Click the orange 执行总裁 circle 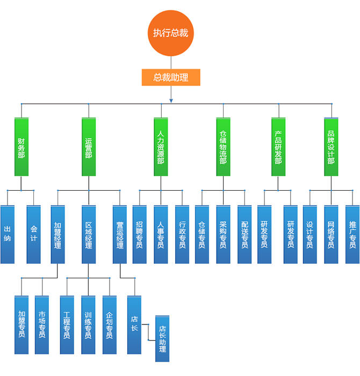click(x=171, y=33)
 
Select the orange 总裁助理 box click(x=171, y=77)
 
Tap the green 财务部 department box click(x=21, y=147)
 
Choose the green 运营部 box click(x=89, y=147)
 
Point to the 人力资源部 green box click(x=161, y=147)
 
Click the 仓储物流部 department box click(x=224, y=147)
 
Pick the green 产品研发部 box click(x=278, y=147)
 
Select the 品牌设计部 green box click(x=331, y=147)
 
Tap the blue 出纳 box click(x=8, y=234)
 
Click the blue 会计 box click(x=34, y=234)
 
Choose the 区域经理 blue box click(x=89, y=234)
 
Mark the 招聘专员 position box click(x=140, y=234)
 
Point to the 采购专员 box click(x=224, y=234)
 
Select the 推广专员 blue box click(x=352, y=234)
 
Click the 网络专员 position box click(x=331, y=234)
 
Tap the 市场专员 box click(x=42, y=324)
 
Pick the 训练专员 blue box click(x=88, y=324)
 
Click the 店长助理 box click(x=162, y=338)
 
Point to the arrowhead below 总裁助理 click(x=171, y=100)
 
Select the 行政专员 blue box click(x=182, y=234)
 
